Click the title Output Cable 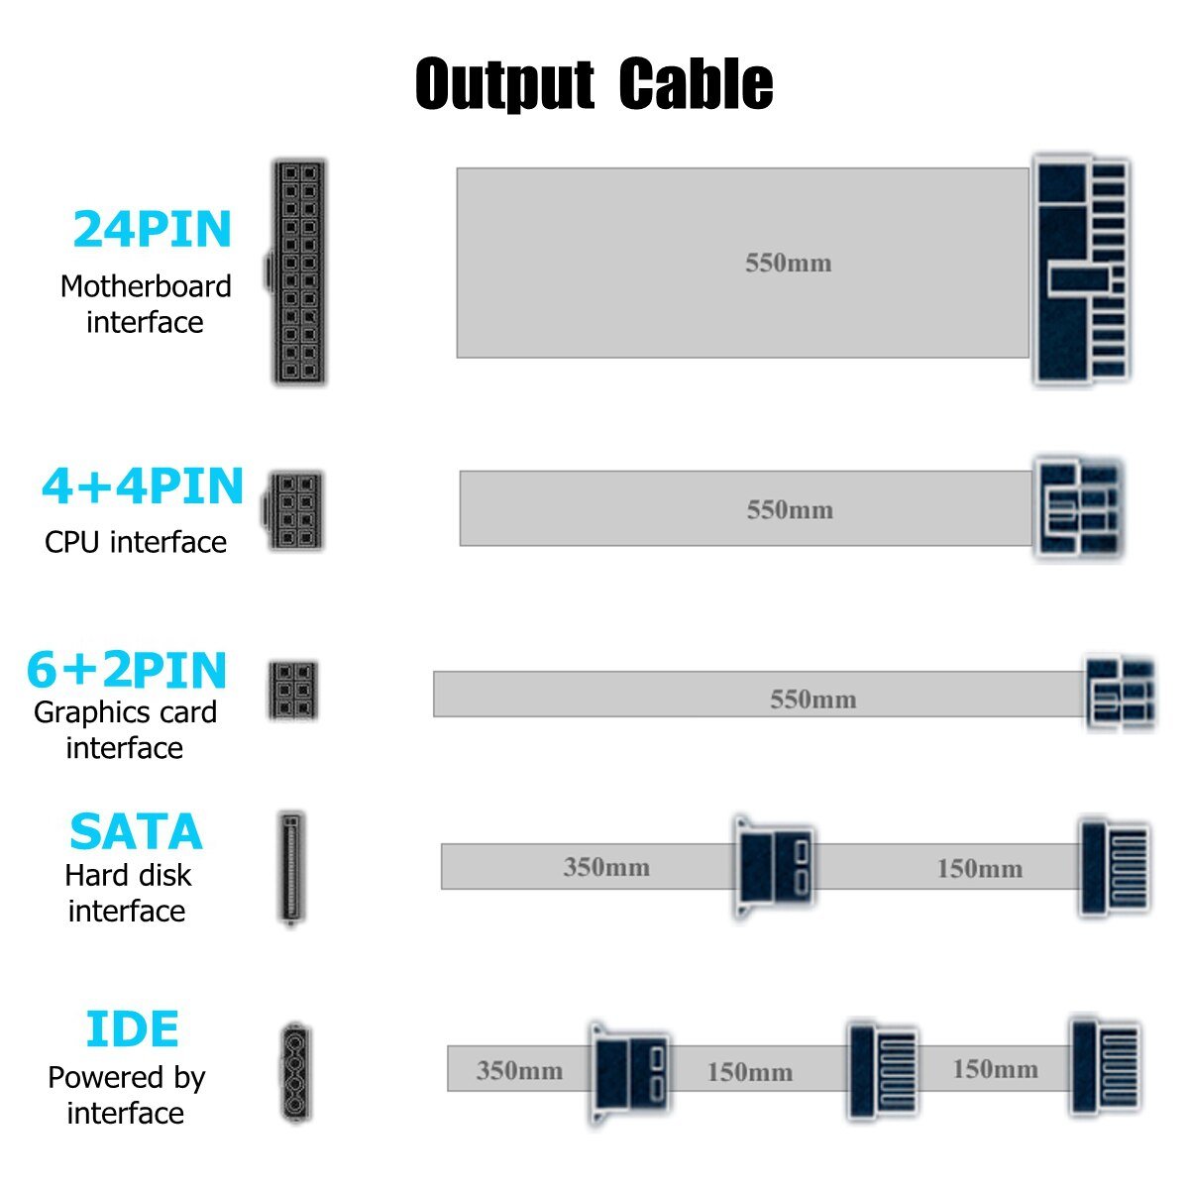pyautogui.click(x=594, y=83)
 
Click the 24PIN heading pyautogui.click(x=152, y=229)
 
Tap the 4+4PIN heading pyautogui.click(x=143, y=486)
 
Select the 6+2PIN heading pyautogui.click(x=127, y=670)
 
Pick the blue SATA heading pyautogui.click(x=136, y=832)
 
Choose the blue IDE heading pyautogui.click(x=132, y=1029)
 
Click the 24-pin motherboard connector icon pyautogui.click(x=298, y=271)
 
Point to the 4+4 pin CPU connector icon pyautogui.click(x=294, y=511)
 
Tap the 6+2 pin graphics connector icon pyautogui.click(x=292, y=691)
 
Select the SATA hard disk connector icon pyautogui.click(x=290, y=869)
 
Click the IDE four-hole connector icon pyautogui.click(x=294, y=1072)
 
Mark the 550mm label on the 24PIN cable pyautogui.click(x=789, y=263)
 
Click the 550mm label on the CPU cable pyautogui.click(x=790, y=510)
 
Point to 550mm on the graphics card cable pyautogui.click(x=812, y=700)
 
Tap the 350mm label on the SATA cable pyautogui.click(x=606, y=867)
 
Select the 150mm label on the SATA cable pyautogui.click(x=979, y=869)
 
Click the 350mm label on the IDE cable pyautogui.click(x=519, y=1070)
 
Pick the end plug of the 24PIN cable pyautogui.click(x=1081, y=270)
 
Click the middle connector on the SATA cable pyautogui.click(x=775, y=866)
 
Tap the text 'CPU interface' pyautogui.click(x=136, y=542)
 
